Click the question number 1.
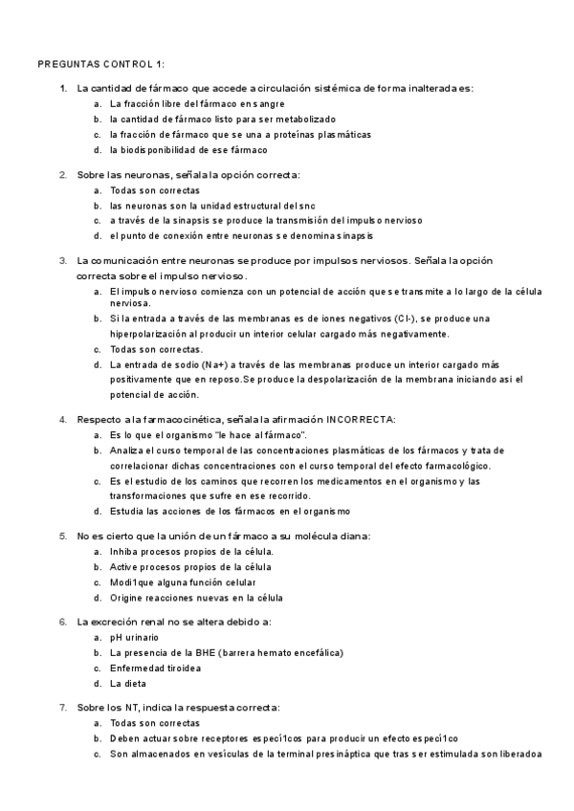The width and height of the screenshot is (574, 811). pyautogui.click(x=62, y=89)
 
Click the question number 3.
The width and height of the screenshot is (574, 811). pyautogui.click(x=62, y=260)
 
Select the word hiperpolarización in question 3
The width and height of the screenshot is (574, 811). pyautogui.click(x=150, y=334)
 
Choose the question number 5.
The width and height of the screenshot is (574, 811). pyautogui.click(x=62, y=536)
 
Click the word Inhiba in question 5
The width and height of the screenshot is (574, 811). pyautogui.click(x=125, y=552)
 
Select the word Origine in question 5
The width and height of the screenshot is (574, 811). pyautogui.click(x=127, y=597)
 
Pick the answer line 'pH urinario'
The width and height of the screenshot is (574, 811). pyautogui.click(x=134, y=637)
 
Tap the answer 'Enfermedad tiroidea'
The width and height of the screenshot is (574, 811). pyautogui.click(x=154, y=668)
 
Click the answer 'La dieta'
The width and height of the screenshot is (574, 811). pyautogui.click(x=127, y=683)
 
